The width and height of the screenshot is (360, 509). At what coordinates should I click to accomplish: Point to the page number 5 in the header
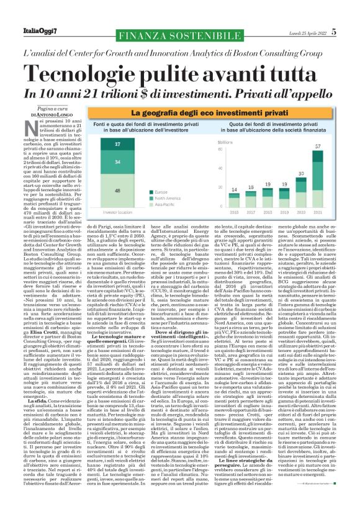(351, 30)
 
